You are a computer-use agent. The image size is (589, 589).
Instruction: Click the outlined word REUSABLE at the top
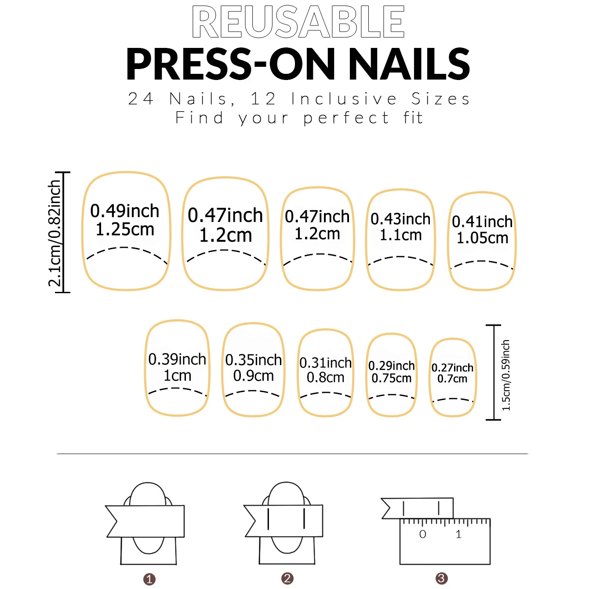(x=298, y=22)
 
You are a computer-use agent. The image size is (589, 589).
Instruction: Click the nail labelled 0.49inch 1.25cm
(x=126, y=231)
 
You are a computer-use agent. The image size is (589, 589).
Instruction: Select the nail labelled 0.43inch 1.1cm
(x=400, y=240)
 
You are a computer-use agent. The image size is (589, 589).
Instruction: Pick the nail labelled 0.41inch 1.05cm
(x=482, y=241)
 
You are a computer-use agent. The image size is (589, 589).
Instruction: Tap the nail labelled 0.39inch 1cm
(x=177, y=368)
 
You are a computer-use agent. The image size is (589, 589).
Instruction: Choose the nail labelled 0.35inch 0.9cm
(x=253, y=369)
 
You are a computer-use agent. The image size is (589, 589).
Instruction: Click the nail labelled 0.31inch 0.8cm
(x=325, y=372)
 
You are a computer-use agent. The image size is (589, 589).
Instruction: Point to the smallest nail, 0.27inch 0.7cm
(x=452, y=377)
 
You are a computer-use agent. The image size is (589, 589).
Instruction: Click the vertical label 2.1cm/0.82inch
(x=55, y=233)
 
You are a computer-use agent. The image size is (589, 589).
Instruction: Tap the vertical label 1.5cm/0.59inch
(x=506, y=375)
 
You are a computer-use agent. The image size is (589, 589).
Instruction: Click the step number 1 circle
(x=149, y=579)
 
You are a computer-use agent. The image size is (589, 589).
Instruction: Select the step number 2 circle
(x=287, y=578)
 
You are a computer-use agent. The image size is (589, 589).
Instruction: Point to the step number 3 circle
(x=441, y=578)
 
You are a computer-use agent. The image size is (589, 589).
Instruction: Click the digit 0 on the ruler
(x=422, y=534)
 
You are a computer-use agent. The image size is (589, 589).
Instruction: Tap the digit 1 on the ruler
(x=458, y=534)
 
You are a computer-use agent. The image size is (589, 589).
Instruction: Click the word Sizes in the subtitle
(x=441, y=99)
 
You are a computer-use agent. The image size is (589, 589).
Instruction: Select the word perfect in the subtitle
(x=346, y=118)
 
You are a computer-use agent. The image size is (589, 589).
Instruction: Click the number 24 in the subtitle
(x=141, y=99)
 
